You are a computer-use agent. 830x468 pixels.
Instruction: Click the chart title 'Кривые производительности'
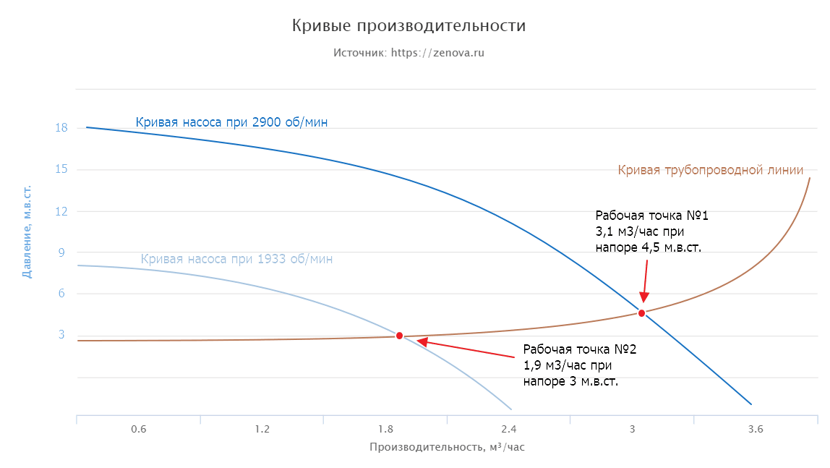point(408,26)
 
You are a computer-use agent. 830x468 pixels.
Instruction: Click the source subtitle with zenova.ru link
point(408,53)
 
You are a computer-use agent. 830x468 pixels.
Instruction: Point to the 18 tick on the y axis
point(61,128)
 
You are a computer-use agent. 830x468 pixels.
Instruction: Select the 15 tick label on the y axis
point(61,170)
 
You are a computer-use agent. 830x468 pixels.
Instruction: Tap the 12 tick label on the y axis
point(61,211)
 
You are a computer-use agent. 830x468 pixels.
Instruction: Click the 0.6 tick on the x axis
point(138,429)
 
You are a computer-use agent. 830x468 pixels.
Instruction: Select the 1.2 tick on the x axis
point(262,429)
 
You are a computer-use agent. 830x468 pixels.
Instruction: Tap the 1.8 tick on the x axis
point(385,429)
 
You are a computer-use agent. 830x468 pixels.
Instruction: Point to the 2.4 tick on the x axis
point(508,429)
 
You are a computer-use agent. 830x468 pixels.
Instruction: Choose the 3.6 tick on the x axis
point(756,429)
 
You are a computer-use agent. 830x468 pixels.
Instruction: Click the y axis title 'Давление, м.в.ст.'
point(27,231)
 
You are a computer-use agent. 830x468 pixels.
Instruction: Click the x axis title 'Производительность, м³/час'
point(447,447)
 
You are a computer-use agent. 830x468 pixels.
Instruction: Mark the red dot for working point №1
point(641,313)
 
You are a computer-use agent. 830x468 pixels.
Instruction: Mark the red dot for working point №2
point(399,336)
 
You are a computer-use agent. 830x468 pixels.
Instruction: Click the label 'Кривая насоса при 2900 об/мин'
point(231,122)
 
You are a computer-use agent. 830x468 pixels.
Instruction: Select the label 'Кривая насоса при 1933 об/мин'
point(236,258)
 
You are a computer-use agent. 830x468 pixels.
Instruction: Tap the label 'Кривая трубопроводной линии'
point(711,170)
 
